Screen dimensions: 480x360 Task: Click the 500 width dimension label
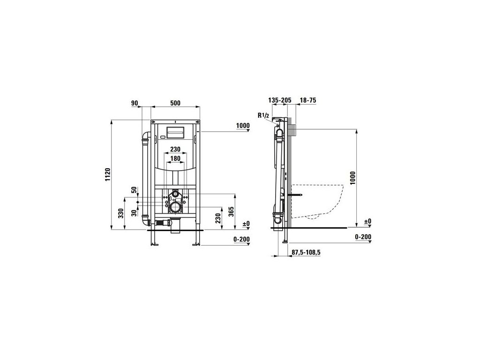(x=175, y=103)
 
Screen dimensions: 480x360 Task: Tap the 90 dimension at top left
(x=135, y=103)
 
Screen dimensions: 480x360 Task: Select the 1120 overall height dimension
(x=107, y=174)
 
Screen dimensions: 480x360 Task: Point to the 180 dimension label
(x=175, y=158)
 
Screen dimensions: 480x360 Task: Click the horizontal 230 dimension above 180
(x=175, y=150)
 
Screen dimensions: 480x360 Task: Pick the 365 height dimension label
(x=231, y=212)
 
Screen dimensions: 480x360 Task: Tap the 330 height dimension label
(x=121, y=213)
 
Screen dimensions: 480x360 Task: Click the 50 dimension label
(x=135, y=190)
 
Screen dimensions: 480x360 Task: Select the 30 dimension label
(x=135, y=213)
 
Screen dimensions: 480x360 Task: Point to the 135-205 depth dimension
(x=280, y=100)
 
